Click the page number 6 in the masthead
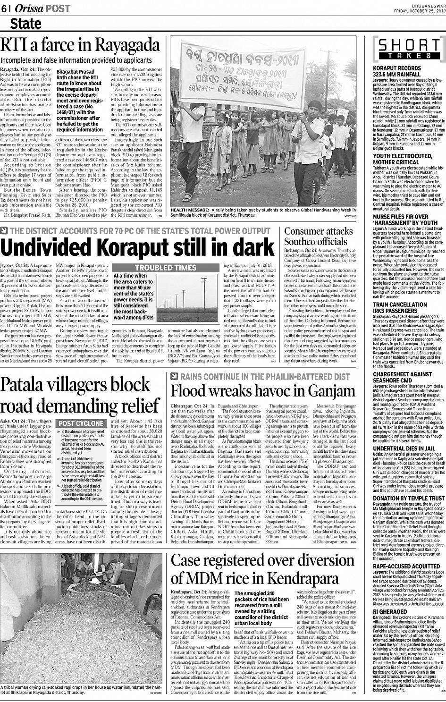click(x=4, y=8)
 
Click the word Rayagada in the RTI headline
click(x=128, y=46)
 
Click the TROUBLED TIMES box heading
click(x=165, y=268)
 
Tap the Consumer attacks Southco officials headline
click(x=319, y=237)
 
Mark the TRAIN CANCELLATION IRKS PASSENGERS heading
click(x=400, y=308)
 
